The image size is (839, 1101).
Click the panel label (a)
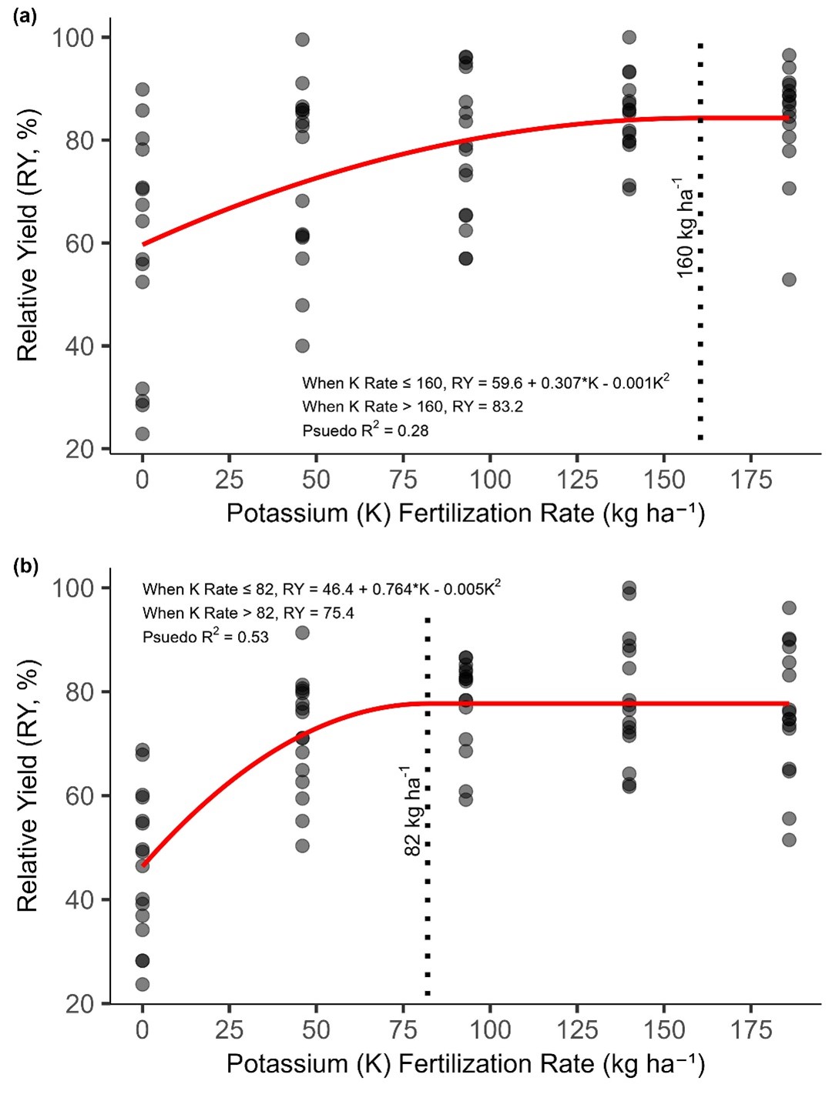(x=25, y=15)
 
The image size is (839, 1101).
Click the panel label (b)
(x=25, y=567)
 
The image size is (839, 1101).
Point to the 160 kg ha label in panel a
(x=684, y=227)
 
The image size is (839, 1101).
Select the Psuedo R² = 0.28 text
(x=365, y=430)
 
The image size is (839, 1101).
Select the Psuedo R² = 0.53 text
(x=206, y=636)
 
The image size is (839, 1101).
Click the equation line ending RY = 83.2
(x=412, y=407)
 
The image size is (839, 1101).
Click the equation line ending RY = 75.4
(x=248, y=613)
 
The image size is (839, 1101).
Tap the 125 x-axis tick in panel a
(x=577, y=480)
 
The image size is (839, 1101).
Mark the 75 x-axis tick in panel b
(x=404, y=1030)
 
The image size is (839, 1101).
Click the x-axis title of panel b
(x=465, y=1064)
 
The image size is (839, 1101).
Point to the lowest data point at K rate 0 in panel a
(x=143, y=433)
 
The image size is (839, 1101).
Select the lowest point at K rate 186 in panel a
(x=789, y=279)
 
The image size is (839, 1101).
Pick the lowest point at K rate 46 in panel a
(x=303, y=346)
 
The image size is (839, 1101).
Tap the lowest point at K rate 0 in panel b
(x=143, y=984)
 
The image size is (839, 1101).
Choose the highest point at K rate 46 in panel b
(x=303, y=633)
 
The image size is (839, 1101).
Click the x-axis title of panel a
(x=465, y=514)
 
